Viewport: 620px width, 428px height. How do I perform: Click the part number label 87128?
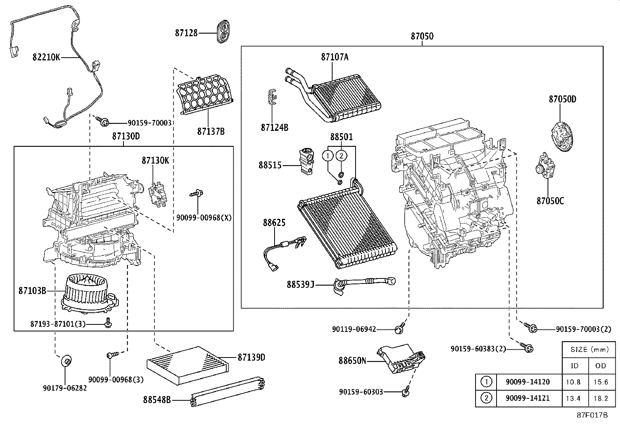click(186, 33)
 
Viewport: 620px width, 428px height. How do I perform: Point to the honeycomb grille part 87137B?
click(205, 95)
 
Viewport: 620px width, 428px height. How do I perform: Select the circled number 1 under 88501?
click(328, 156)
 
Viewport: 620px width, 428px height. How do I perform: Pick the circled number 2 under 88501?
click(341, 156)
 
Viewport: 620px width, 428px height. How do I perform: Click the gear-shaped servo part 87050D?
click(564, 135)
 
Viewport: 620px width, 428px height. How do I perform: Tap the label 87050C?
click(550, 201)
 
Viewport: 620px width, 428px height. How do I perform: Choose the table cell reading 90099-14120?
click(527, 382)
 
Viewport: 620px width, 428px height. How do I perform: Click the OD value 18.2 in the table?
click(601, 398)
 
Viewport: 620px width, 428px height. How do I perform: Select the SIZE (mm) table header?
click(589, 349)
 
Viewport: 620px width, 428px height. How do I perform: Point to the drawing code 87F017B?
click(592, 415)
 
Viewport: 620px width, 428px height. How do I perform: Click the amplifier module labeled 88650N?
click(401, 358)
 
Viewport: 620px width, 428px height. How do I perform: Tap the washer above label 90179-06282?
click(66, 361)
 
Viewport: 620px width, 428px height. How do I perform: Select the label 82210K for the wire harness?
click(46, 58)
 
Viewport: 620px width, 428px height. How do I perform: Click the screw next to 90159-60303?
click(405, 391)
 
